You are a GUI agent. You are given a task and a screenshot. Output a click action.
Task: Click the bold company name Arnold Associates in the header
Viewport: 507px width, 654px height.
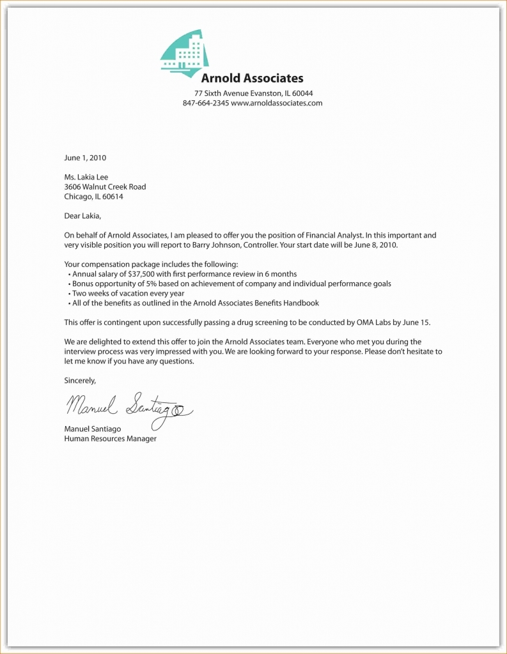(252, 79)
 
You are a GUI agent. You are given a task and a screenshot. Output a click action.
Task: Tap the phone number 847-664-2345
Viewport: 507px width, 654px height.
(205, 103)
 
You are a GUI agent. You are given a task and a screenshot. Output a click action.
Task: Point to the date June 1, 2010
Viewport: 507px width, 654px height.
(85, 157)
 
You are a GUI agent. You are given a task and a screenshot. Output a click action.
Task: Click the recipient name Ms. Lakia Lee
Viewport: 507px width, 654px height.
(86, 177)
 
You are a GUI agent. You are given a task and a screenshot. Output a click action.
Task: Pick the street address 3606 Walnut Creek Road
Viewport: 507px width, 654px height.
(105, 187)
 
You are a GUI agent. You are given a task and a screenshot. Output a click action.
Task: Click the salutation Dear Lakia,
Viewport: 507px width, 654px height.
(82, 216)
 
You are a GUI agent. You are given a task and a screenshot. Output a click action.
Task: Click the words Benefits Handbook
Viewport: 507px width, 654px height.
(287, 303)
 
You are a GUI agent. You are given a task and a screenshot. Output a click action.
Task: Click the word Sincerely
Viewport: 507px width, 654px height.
(80, 381)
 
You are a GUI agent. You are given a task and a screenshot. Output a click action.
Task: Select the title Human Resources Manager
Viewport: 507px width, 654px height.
(110, 439)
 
